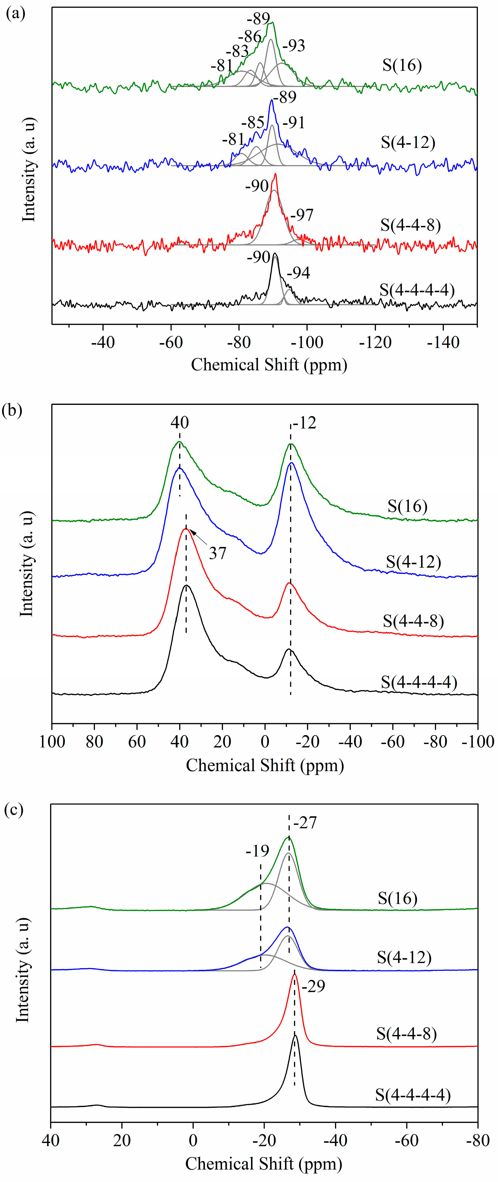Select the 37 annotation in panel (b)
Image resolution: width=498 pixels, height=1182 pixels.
(x=217, y=553)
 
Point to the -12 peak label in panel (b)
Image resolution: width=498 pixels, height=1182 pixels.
(x=305, y=423)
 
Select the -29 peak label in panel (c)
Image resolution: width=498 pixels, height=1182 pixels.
(x=314, y=986)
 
